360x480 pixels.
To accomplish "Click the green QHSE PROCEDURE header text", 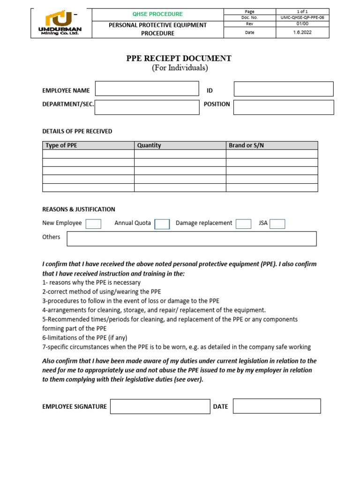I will point(157,14).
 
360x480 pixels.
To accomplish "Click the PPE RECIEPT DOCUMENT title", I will point(179,58).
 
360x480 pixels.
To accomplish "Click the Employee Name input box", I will point(147,89).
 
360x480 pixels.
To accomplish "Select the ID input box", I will point(284,89).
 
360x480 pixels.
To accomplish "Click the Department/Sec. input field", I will point(147,107).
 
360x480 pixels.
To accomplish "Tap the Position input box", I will point(284,107).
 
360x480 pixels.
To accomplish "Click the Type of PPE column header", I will point(61,145).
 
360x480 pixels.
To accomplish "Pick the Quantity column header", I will point(149,145).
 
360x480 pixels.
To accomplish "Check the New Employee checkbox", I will point(93,224).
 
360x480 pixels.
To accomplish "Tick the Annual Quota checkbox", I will point(162,224).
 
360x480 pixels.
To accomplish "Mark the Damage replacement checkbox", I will point(243,224).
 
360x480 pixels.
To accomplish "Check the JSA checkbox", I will point(277,224).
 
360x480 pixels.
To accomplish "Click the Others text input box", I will point(191,239).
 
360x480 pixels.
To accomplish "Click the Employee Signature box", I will point(160,406).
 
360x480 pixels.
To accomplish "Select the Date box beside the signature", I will point(277,406).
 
